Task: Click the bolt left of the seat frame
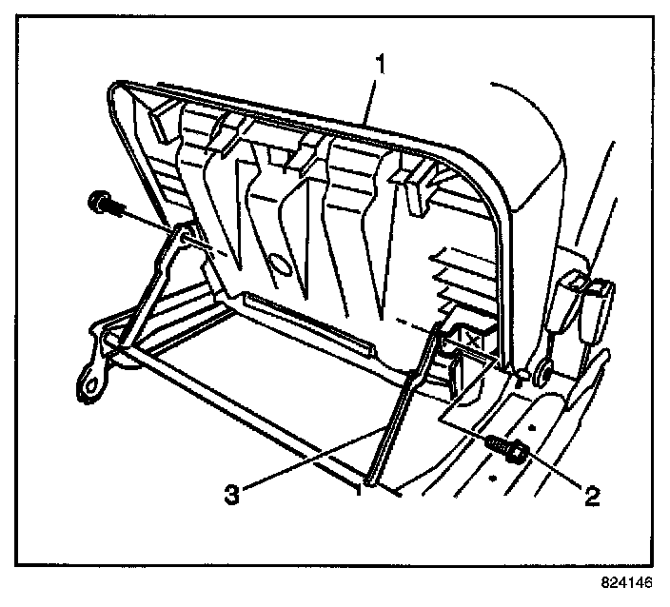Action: [99, 203]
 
